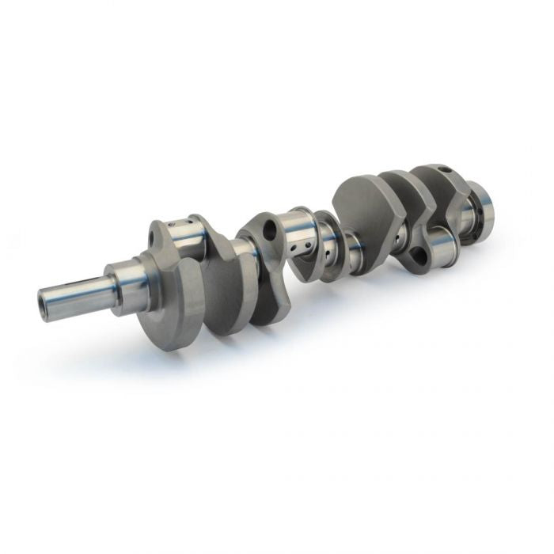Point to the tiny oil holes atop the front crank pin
pos(190,220)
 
